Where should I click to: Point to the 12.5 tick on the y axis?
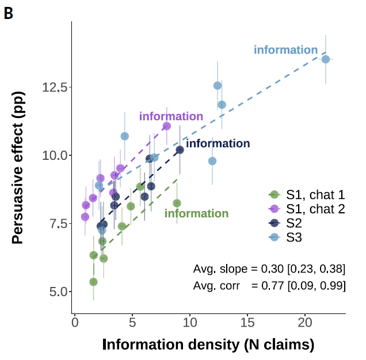pyautogui.click(x=55, y=87)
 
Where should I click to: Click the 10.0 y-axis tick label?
pyautogui.click(x=55, y=155)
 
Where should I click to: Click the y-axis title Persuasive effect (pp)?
pyautogui.click(x=18, y=170)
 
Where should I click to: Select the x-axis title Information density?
pyautogui.click(x=208, y=344)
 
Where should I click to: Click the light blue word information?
pyautogui.click(x=286, y=50)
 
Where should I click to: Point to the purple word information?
pyautogui.click(x=171, y=117)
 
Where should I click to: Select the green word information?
pyautogui.click(x=196, y=214)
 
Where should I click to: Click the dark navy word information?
pyautogui.click(x=218, y=144)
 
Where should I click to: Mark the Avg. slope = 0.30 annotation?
pyautogui.click(x=269, y=269)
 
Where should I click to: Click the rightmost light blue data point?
pyautogui.click(x=326, y=59)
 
